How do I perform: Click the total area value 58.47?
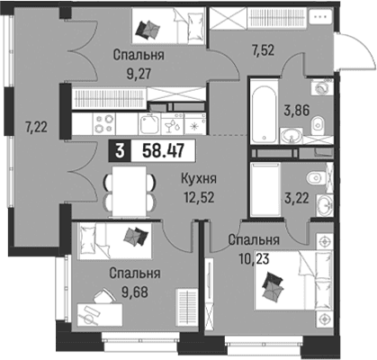(x=163, y=151)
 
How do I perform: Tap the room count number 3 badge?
(x=120, y=151)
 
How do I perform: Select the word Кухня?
(x=199, y=179)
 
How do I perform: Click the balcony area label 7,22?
(x=36, y=128)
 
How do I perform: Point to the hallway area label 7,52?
(x=263, y=50)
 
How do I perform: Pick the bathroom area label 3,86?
(x=296, y=111)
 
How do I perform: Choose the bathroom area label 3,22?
(x=296, y=198)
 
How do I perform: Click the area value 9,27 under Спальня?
(x=139, y=74)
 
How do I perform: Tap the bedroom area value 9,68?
(x=135, y=292)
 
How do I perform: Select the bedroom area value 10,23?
(x=254, y=258)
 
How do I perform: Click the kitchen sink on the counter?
(x=149, y=124)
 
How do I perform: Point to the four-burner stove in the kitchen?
(x=104, y=123)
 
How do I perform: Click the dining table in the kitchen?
(x=130, y=192)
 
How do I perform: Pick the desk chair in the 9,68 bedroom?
(x=103, y=296)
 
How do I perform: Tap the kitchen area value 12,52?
(x=200, y=198)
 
